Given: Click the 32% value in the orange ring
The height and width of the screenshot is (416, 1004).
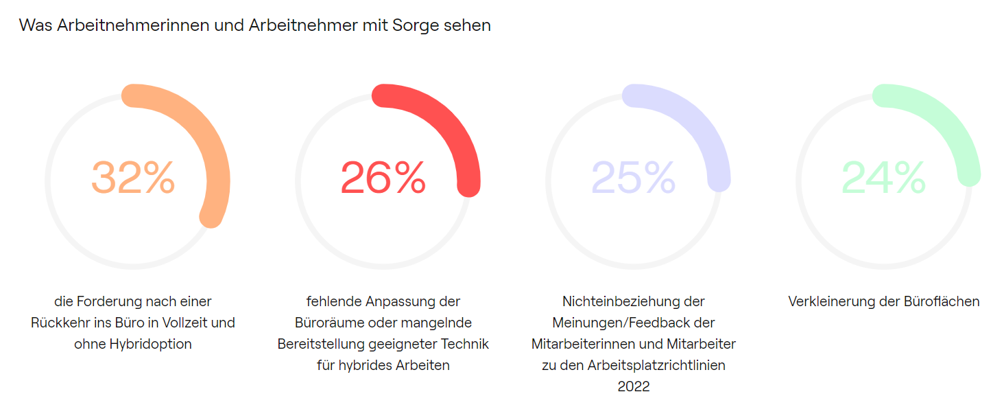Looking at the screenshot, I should pyautogui.click(x=133, y=178).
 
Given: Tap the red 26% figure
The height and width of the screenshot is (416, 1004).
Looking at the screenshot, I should pyautogui.click(x=383, y=178).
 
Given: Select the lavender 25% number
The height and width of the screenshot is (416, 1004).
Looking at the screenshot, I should pyautogui.click(x=634, y=178).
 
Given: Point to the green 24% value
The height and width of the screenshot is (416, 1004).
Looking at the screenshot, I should pyautogui.click(x=884, y=178).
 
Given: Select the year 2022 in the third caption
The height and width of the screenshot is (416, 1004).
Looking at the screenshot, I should pyautogui.click(x=634, y=386).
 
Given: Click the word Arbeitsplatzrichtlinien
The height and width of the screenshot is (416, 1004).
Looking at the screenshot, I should pyautogui.click(x=656, y=365).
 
